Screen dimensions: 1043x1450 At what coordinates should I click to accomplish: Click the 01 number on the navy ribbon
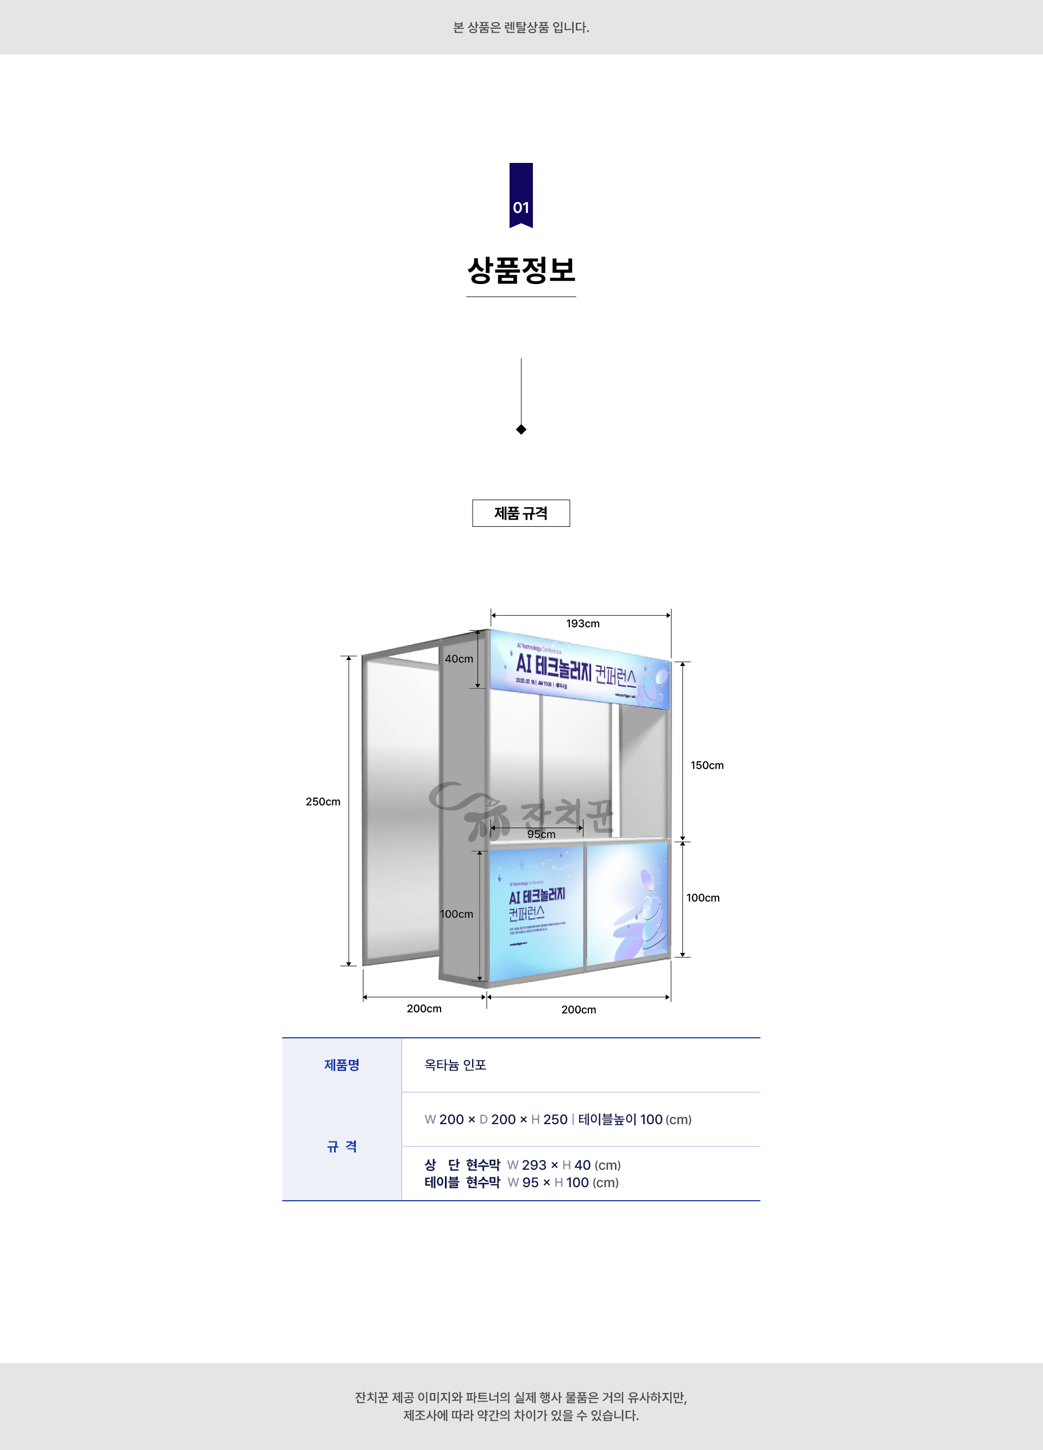(520, 208)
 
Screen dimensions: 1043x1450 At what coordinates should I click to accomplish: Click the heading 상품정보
(520, 270)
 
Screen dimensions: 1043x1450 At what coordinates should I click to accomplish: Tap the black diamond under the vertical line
(521, 430)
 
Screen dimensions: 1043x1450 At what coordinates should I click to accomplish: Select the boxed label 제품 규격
(520, 513)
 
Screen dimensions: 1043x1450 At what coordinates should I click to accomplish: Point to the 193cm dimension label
(582, 623)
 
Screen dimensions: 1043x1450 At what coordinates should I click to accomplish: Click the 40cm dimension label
(458, 659)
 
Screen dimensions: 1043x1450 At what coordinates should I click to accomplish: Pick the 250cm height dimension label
(323, 802)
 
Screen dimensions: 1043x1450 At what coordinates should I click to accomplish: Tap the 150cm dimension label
(707, 765)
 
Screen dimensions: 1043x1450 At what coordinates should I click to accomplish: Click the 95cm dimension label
(541, 834)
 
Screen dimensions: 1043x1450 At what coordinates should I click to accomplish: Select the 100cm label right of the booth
(703, 898)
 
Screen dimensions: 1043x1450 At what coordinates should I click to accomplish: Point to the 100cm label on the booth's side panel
(457, 914)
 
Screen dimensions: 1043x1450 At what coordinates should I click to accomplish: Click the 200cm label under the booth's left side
(424, 1008)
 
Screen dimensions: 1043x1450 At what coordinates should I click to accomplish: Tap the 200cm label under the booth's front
(578, 1010)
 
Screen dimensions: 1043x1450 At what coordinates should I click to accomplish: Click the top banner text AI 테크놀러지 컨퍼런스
(575, 669)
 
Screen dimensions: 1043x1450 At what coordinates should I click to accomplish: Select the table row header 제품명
(342, 1065)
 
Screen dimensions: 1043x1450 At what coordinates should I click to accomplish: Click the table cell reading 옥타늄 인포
(455, 1065)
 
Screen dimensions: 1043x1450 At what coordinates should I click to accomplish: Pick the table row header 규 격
(342, 1146)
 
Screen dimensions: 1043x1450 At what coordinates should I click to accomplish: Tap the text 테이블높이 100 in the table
(620, 1119)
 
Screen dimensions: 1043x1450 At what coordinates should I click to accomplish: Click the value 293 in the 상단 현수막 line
(534, 1165)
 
